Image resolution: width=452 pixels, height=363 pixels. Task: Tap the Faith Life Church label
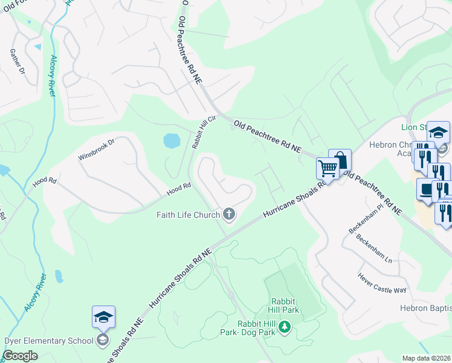188,214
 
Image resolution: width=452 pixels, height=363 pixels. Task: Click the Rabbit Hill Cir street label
199,132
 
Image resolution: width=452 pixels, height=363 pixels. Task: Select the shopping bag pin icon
340,160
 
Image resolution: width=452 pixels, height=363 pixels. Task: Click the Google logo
21,356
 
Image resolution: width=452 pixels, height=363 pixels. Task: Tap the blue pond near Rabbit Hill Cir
172,141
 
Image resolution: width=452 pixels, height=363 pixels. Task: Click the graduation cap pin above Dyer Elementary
103,316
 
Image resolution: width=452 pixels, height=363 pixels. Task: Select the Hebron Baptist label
425,308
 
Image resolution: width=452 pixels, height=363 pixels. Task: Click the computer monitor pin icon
427,189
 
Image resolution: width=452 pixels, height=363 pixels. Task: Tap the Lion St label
414,127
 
